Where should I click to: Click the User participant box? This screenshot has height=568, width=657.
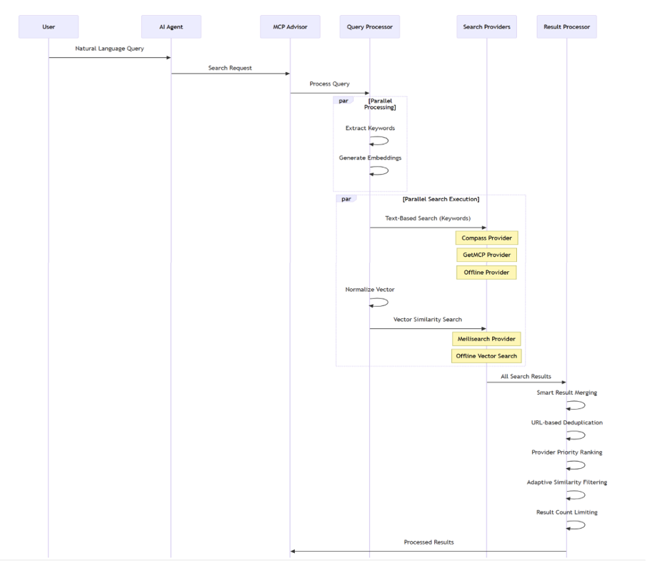pyautogui.click(x=49, y=27)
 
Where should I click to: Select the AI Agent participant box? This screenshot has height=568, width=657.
pyautogui.click(x=171, y=27)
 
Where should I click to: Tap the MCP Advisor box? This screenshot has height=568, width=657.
pyautogui.click(x=289, y=27)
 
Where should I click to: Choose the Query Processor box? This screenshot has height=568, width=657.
pyautogui.click(x=369, y=27)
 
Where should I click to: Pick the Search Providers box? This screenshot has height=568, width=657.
pyautogui.click(x=486, y=27)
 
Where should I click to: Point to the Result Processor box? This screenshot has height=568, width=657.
pyautogui.click(x=566, y=27)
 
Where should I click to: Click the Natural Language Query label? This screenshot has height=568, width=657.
pyautogui.click(x=109, y=49)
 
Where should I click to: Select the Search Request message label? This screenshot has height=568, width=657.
pyautogui.click(x=230, y=69)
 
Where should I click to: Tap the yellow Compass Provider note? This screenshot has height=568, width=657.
pyautogui.click(x=486, y=238)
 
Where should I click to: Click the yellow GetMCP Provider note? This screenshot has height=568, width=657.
pyautogui.click(x=486, y=255)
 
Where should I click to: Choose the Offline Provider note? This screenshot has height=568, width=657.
pyautogui.click(x=486, y=273)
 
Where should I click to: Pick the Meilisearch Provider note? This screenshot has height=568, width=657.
pyautogui.click(x=486, y=338)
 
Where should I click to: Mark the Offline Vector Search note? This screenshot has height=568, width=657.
pyautogui.click(x=486, y=355)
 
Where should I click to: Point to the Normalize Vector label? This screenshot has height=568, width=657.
pyautogui.click(x=369, y=290)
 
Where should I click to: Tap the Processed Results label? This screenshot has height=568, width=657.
pyautogui.click(x=428, y=542)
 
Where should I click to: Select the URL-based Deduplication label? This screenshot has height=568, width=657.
pyautogui.click(x=566, y=422)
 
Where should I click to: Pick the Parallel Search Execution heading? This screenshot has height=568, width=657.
pyautogui.click(x=441, y=199)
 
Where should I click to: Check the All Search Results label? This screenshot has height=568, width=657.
pyautogui.click(x=526, y=376)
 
